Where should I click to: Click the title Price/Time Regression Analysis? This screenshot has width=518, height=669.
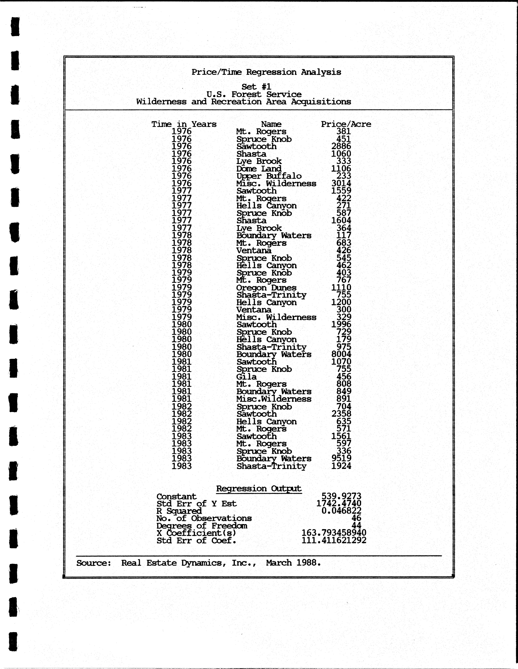pyautogui.click(x=266, y=72)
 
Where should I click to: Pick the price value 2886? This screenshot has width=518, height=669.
pyautogui.click(x=341, y=146)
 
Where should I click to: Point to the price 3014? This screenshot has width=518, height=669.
pyautogui.click(x=341, y=183)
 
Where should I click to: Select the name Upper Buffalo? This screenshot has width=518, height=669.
pyautogui.click(x=269, y=176)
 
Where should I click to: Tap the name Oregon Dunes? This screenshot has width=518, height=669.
pyautogui.click(x=266, y=288)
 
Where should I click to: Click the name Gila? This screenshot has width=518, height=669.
pyautogui.click(x=246, y=377)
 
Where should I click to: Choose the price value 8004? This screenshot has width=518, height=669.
pyautogui.click(x=341, y=354)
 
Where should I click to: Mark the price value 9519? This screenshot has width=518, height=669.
pyautogui.click(x=341, y=459)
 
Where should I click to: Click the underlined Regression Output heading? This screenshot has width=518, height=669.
pyautogui.click(x=259, y=489)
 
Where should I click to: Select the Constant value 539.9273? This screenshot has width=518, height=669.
pyautogui.click(x=341, y=496)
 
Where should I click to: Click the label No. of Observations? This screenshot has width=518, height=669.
pyautogui.click(x=204, y=518)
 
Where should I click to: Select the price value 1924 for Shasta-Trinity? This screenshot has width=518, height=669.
pyautogui.click(x=341, y=466)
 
